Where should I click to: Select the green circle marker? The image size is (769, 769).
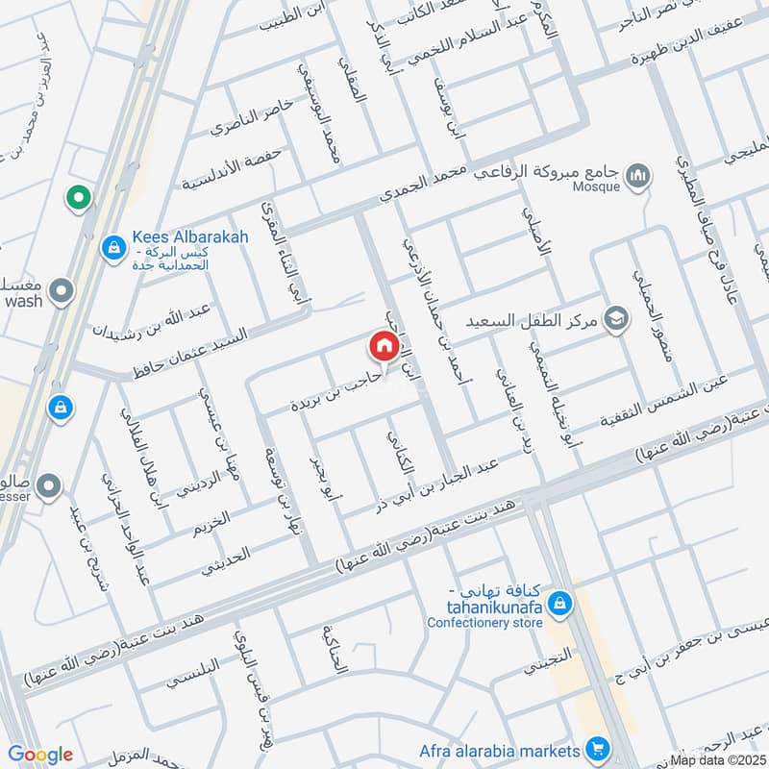78,199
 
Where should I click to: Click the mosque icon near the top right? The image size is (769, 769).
637,175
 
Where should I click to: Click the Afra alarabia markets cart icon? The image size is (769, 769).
598,748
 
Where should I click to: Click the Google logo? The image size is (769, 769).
40,755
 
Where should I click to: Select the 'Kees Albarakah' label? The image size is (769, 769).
177,237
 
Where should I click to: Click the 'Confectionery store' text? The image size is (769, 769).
485,622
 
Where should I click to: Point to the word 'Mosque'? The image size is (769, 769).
596,186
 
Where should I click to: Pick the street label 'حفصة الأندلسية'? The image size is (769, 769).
218,165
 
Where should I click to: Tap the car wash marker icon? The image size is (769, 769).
62,290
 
